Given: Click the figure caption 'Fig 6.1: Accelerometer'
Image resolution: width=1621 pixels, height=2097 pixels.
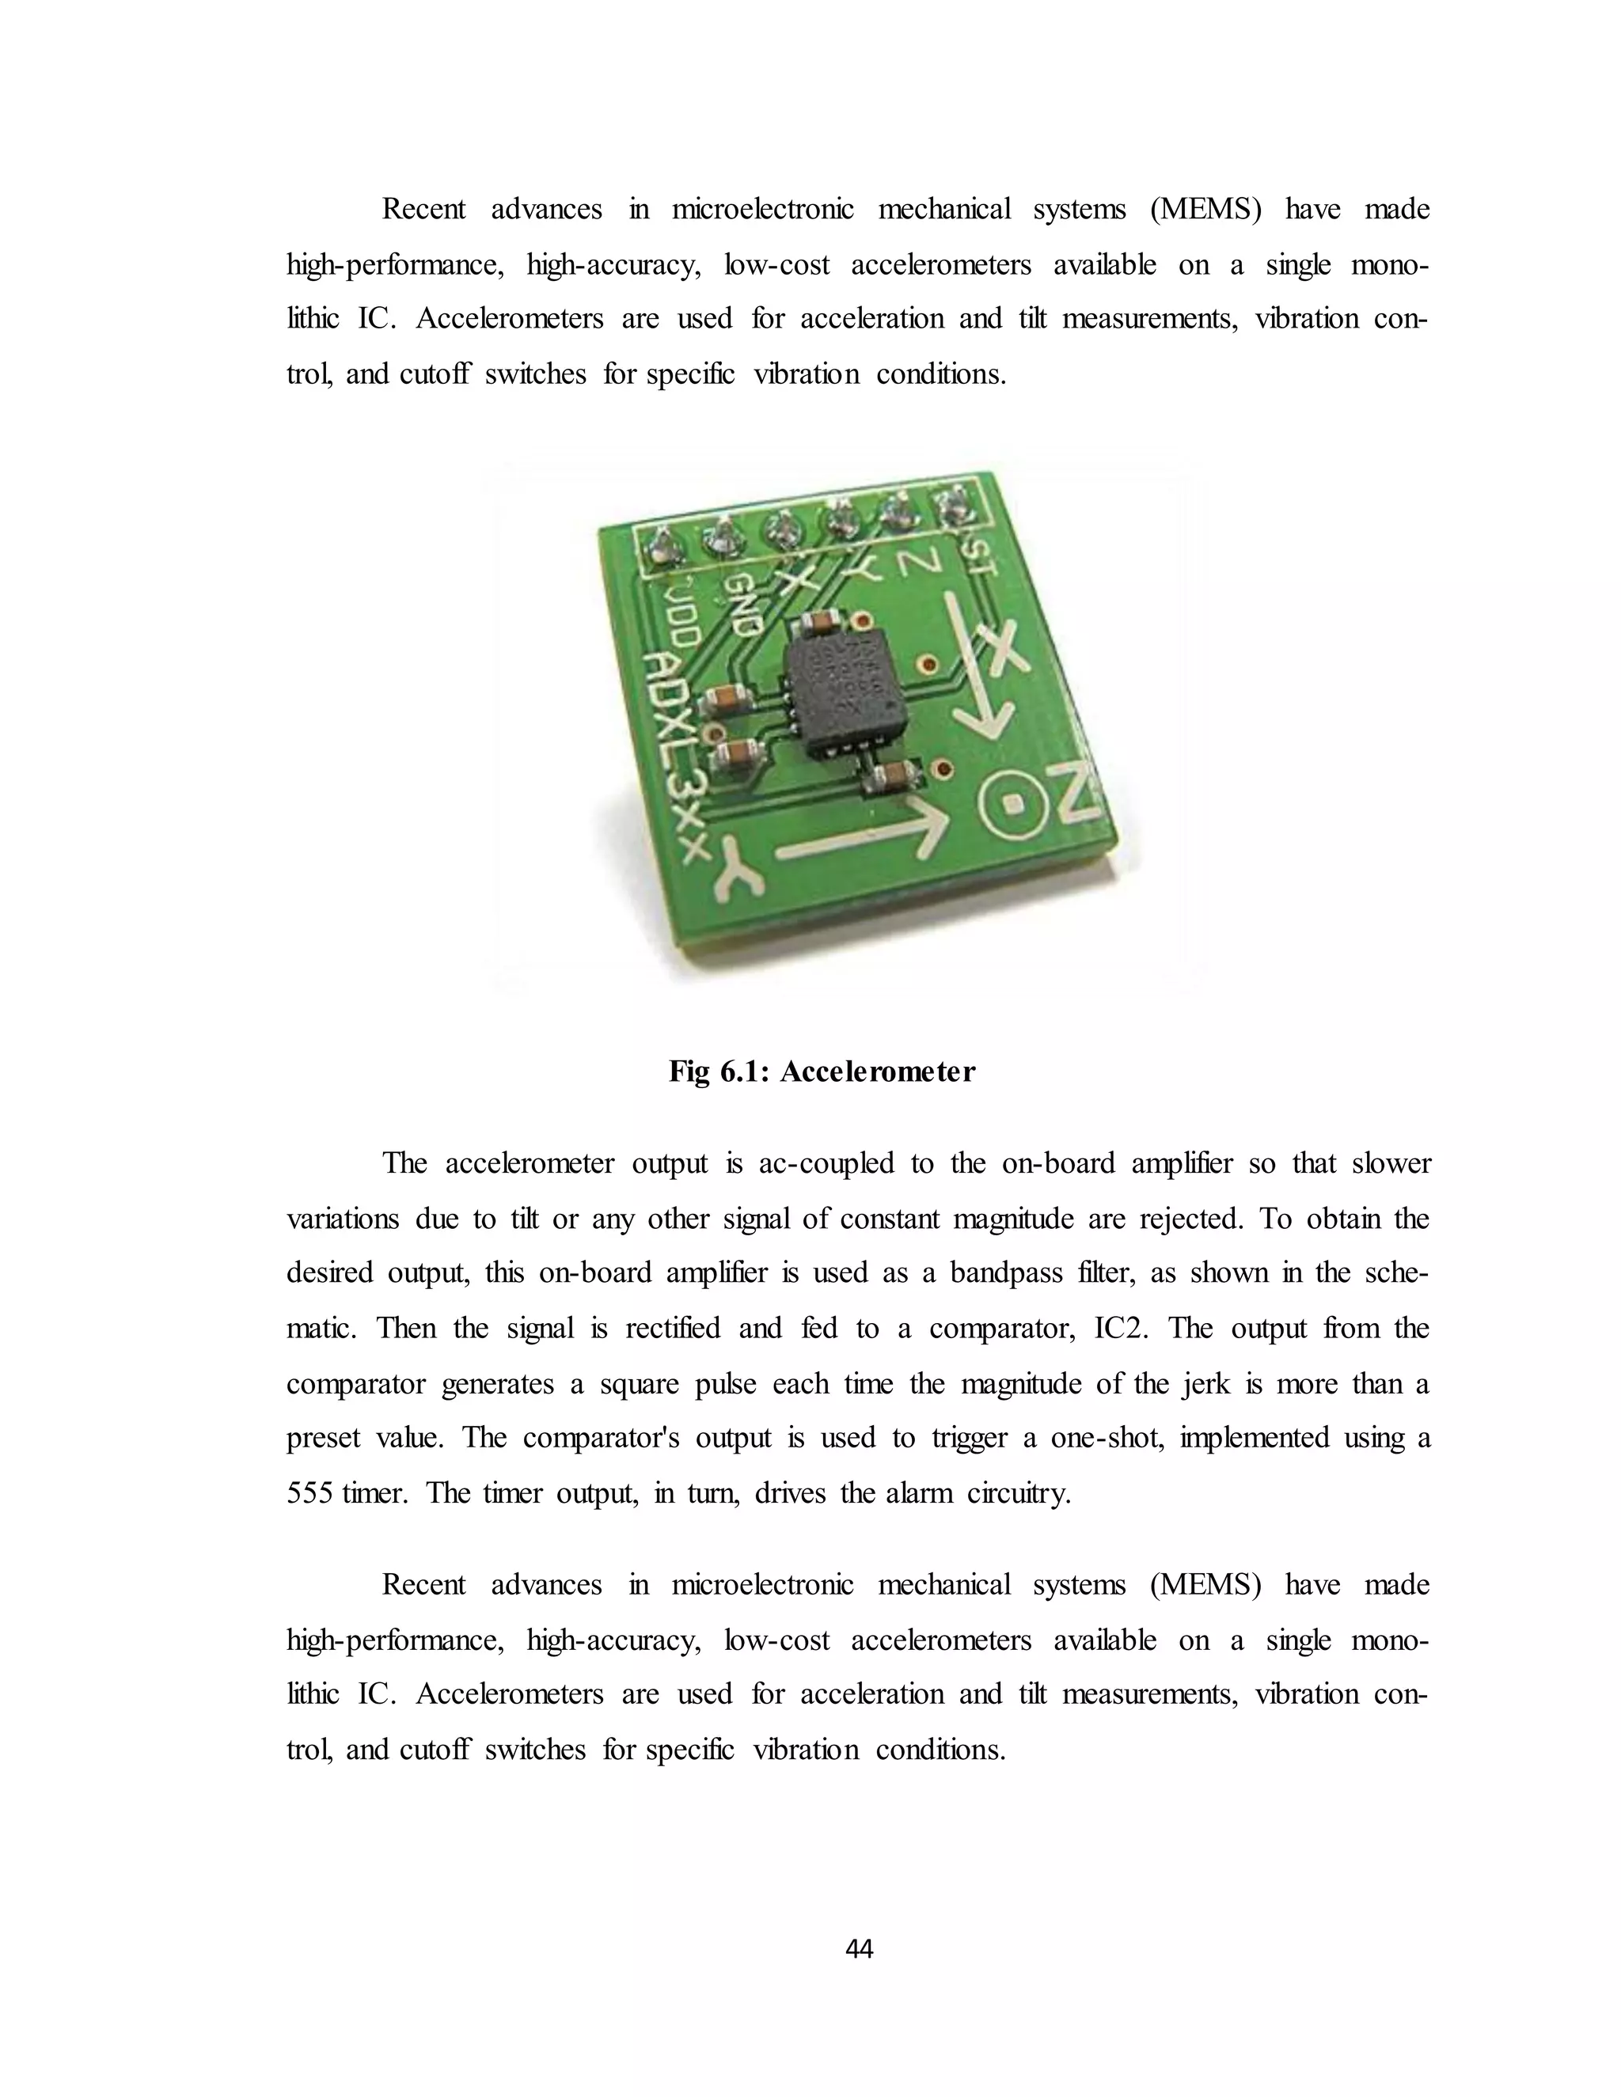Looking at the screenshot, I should [x=821, y=1071].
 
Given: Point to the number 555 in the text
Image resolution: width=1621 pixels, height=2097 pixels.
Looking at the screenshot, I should [x=308, y=1494].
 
